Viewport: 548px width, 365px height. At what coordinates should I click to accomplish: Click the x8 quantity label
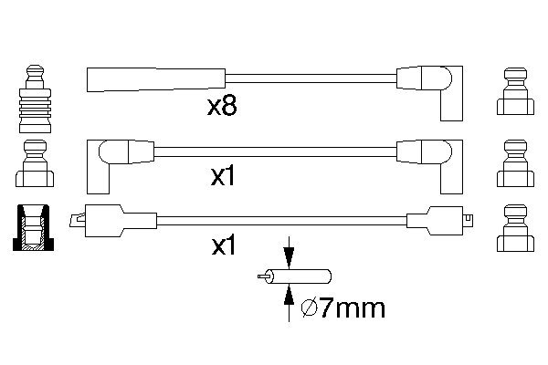point(222,106)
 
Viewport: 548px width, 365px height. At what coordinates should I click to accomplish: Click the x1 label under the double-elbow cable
point(223,176)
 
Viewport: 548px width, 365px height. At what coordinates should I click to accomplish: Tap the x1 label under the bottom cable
point(224,245)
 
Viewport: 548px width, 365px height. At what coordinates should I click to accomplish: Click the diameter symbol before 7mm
point(310,308)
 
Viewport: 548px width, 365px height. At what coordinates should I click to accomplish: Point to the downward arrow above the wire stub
point(289,253)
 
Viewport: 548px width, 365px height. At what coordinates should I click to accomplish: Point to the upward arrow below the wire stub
point(289,302)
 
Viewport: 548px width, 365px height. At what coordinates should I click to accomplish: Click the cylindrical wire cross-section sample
point(295,276)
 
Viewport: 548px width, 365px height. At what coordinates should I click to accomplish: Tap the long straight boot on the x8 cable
point(156,80)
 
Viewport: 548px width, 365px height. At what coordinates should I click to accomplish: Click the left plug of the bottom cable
point(113,221)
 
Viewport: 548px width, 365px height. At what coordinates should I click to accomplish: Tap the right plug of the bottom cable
point(439,221)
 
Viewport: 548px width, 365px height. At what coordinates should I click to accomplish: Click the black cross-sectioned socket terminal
point(33,228)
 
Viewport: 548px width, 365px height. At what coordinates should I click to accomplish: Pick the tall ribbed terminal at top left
point(35,99)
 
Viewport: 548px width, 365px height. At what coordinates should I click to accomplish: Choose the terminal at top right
point(515,91)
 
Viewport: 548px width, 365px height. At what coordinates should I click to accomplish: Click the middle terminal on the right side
point(515,163)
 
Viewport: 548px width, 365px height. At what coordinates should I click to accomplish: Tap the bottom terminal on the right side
point(515,228)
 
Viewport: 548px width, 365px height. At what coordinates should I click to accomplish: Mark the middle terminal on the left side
point(35,163)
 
